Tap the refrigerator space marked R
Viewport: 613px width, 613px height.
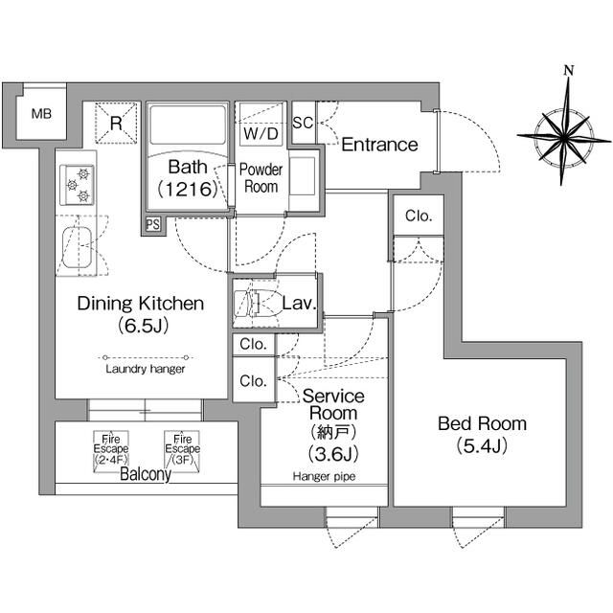115,124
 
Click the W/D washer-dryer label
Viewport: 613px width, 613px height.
261,133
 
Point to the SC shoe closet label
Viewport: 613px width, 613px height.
303,123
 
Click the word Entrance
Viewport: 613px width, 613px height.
379,145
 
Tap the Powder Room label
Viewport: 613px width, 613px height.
260,178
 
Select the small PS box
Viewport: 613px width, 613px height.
152,224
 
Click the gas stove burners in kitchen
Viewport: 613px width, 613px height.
77,184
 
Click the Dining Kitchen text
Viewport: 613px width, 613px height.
141,305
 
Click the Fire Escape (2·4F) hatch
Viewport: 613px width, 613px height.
105,446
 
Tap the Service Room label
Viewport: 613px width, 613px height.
333,405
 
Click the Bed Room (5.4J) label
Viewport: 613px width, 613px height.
482,434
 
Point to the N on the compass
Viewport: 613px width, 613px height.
568,70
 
